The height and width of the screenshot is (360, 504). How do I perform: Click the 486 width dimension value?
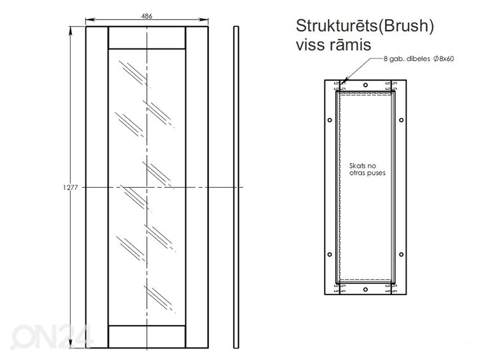pos(146,16)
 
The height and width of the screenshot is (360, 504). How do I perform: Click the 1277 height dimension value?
pos(71,188)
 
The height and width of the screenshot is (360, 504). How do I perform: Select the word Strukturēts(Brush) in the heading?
pos(365,26)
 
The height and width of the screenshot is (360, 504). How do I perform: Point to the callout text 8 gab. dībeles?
pos(407,59)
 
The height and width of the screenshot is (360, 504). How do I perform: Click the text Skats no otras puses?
pos(367,169)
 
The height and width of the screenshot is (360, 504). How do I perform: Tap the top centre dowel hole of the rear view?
pos(365,85)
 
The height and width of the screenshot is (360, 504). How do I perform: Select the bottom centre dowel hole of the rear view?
pos(365,289)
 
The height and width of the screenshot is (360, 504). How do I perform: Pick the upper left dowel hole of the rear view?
pos(330,120)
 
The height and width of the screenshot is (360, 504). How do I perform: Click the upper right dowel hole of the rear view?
pos(401,120)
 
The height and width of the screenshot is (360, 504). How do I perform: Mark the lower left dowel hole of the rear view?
pos(330,254)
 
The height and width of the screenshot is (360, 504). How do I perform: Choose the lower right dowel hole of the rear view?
pos(401,254)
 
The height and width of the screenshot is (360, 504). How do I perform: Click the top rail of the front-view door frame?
pos(147,38)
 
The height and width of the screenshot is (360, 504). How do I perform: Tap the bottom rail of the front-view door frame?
pos(147,336)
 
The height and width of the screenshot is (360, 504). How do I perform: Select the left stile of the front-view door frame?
pos(97,187)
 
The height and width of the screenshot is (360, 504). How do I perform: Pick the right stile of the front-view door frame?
pos(197,187)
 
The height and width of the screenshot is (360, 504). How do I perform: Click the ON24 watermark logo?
pos(52,336)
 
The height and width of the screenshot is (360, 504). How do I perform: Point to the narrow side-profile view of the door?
pos(236,187)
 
